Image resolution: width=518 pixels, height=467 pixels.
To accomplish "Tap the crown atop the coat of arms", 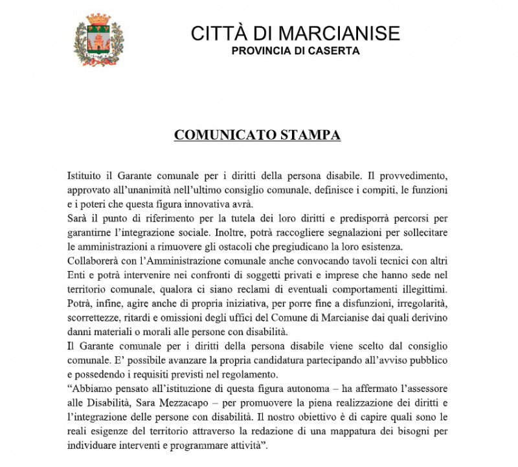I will [x=99, y=19].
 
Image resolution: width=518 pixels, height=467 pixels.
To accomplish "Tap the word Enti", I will [x=78, y=275].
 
